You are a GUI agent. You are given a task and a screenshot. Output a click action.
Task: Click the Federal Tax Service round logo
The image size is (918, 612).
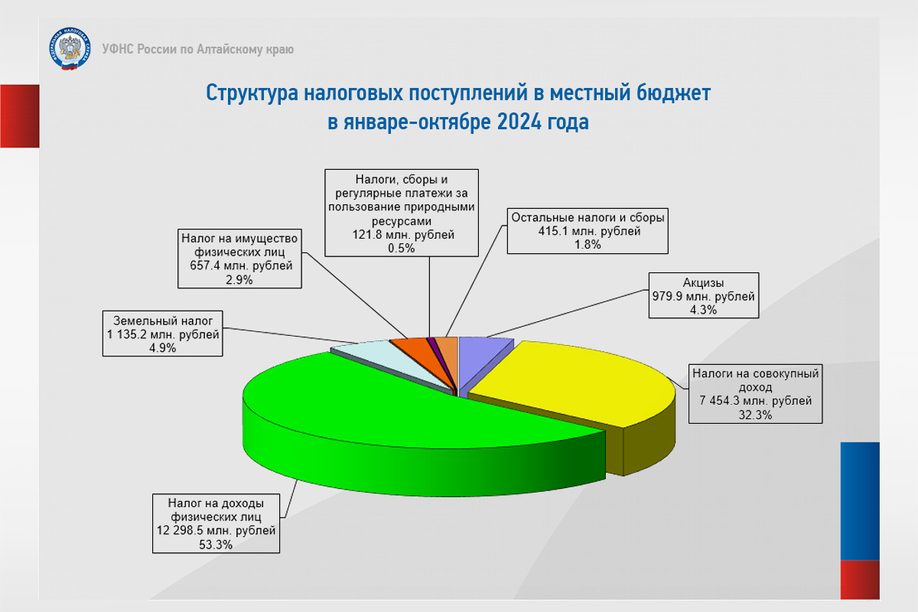[x=70, y=49]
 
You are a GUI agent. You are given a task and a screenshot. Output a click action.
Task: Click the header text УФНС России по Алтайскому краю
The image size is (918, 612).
[x=198, y=49]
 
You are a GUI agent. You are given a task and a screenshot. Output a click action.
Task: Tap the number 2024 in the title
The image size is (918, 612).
[x=519, y=122]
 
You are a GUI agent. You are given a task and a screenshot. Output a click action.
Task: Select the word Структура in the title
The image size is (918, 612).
[x=252, y=93]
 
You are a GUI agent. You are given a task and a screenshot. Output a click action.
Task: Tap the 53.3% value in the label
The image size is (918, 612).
[x=216, y=545]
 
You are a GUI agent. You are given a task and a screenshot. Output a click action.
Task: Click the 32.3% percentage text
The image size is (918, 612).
[x=755, y=415]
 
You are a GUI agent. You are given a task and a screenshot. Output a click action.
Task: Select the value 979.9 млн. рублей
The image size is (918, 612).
[x=703, y=296]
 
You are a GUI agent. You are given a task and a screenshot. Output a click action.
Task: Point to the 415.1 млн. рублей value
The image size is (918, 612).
[x=589, y=231]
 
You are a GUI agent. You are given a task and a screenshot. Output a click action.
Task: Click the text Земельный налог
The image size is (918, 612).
[x=163, y=321]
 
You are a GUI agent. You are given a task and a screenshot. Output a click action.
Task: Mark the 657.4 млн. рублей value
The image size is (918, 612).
[x=241, y=265]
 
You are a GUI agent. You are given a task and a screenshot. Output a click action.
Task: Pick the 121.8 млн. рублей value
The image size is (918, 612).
[x=403, y=234]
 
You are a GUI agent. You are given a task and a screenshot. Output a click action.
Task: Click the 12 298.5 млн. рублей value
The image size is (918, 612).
[x=216, y=530]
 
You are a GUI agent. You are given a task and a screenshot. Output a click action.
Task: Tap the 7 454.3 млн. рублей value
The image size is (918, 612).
[x=755, y=401]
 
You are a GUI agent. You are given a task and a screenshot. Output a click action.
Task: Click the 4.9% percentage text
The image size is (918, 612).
[x=163, y=348]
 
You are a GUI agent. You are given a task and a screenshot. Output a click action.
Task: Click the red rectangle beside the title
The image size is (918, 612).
[x=20, y=116]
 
